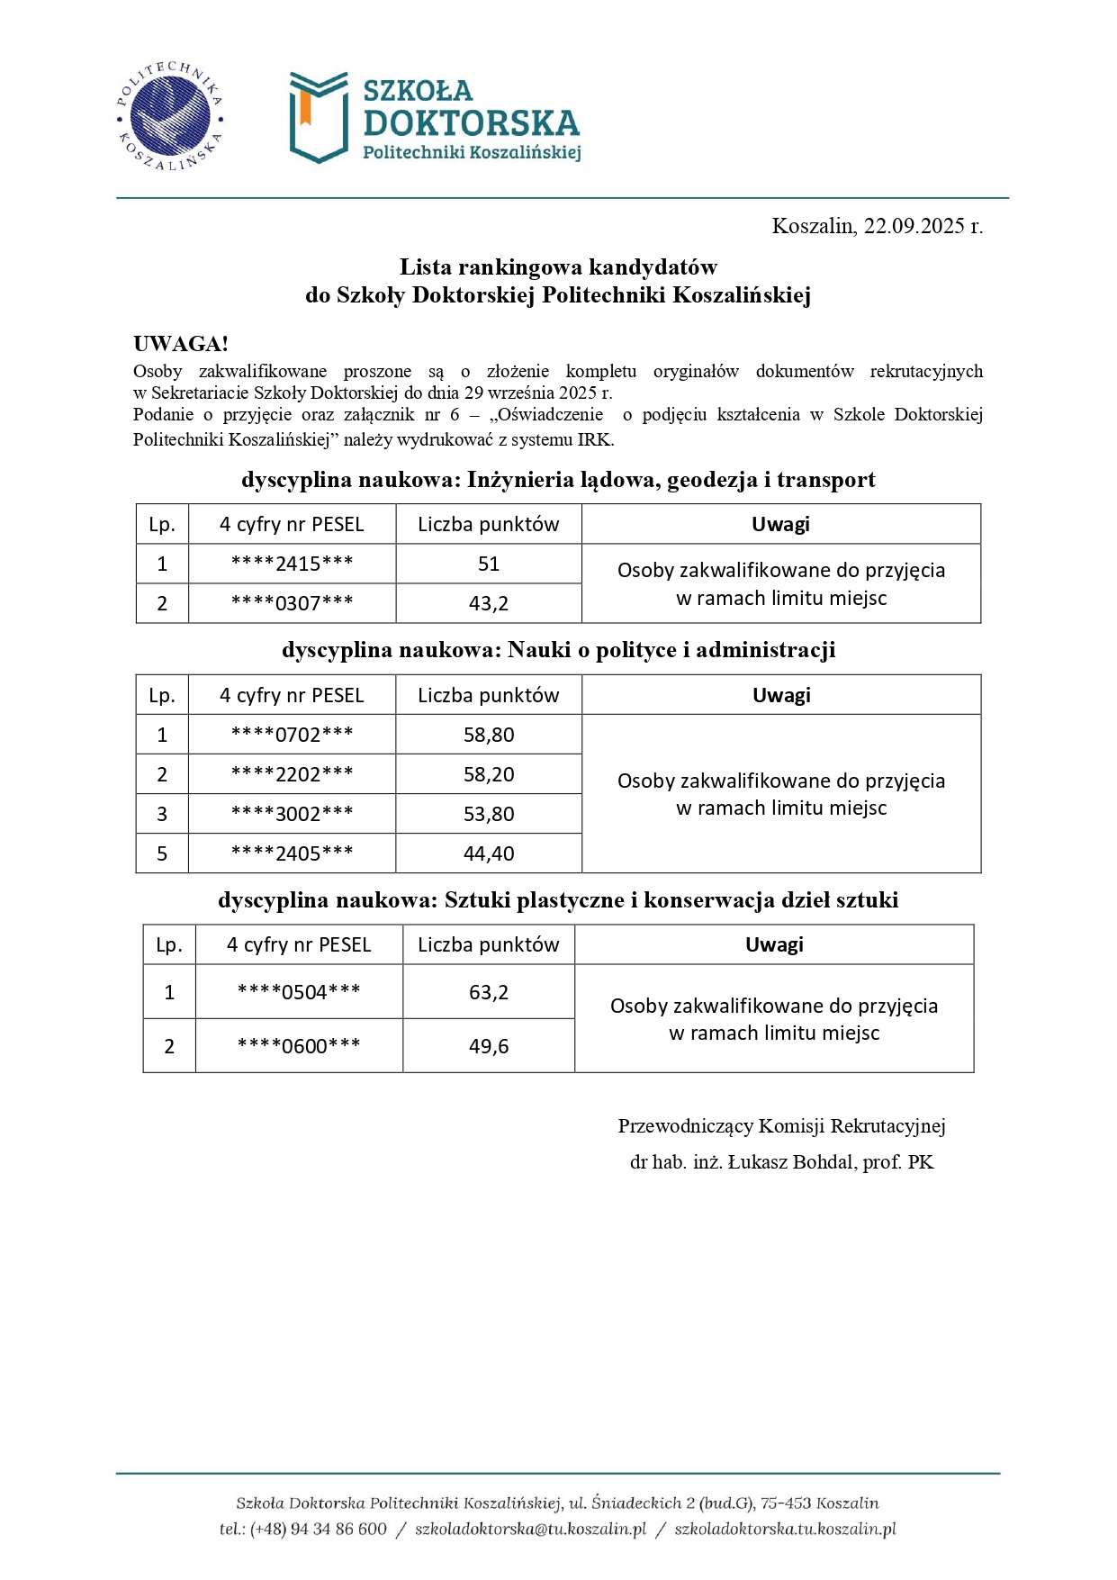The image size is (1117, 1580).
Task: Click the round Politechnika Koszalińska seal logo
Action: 169,117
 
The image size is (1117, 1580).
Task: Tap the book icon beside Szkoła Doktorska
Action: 318,117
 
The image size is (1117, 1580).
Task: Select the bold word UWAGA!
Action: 180,344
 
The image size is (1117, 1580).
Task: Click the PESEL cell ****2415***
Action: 292,564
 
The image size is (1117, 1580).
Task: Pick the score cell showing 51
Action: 489,564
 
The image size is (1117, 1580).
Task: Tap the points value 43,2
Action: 489,603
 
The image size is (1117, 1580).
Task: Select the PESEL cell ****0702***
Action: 292,735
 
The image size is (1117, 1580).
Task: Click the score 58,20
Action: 489,774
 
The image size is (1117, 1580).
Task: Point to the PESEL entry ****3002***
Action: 292,814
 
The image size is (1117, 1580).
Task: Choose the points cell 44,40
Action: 489,853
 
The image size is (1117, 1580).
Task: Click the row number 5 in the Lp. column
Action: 162,853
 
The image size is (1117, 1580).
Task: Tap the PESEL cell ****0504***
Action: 299,992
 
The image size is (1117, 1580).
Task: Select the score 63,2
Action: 489,992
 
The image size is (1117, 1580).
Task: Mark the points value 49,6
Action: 489,1046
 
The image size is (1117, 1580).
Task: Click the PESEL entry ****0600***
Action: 299,1046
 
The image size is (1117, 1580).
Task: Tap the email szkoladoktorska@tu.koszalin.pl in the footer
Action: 530,1530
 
